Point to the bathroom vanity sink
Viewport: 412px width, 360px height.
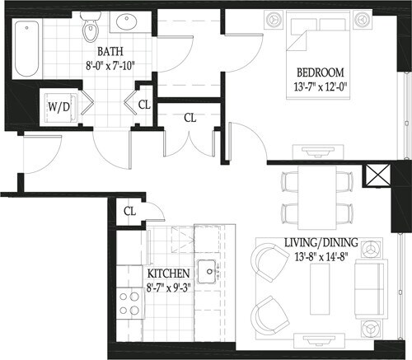click(128, 22)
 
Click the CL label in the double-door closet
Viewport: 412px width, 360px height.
click(190, 117)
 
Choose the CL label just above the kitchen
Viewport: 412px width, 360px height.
click(129, 211)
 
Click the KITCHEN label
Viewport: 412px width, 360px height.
click(169, 274)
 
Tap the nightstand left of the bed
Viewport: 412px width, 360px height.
click(272, 20)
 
